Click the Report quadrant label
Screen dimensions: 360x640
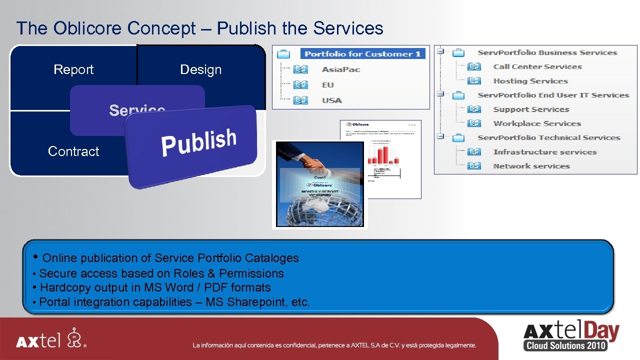coord(73,69)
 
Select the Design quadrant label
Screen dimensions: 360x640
coord(200,69)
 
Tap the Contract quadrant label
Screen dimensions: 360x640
coord(73,151)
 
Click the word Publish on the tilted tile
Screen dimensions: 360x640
coord(198,142)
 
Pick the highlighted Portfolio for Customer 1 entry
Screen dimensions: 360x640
coord(362,54)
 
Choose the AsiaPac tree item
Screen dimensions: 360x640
coord(341,69)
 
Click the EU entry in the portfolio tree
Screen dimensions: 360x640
coord(328,85)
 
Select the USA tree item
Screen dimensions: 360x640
coord(332,100)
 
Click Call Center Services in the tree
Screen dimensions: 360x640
coord(537,66)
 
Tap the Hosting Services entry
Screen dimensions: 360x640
coord(530,81)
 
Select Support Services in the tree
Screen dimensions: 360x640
coord(531,109)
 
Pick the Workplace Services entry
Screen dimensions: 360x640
coord(537,123)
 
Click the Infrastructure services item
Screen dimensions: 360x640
coord(545,152)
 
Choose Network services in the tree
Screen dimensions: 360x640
coord(531,166)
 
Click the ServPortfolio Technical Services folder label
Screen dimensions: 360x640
coord(548,137)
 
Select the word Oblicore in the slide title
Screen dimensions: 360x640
coord(88,28)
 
